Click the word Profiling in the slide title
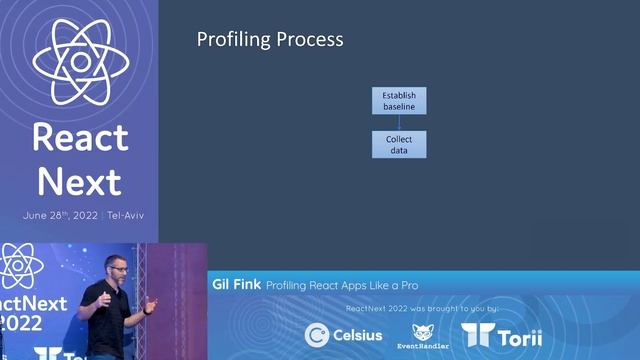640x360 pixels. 233,40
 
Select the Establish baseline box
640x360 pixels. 399,101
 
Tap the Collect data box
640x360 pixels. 399,144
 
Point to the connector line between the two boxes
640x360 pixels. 399,122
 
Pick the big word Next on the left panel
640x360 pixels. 79,181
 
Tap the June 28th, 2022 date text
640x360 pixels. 60,216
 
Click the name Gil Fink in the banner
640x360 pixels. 236,284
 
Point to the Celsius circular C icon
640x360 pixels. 317,335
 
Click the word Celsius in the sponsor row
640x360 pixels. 358,335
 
